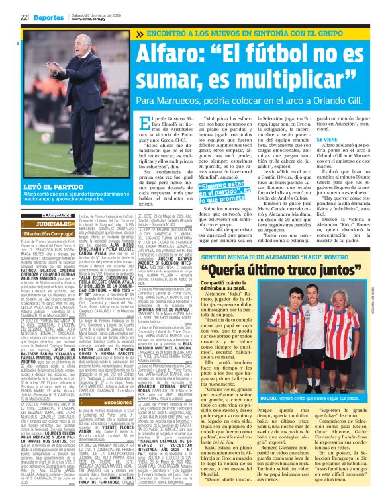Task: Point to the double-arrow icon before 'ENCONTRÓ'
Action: tap(139, 33)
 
